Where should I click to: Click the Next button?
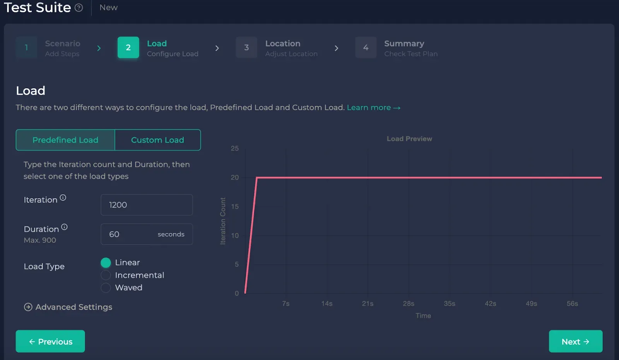[x=575, y=341]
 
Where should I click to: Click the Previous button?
[x=50, y=341]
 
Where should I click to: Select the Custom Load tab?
[x=157, y=140]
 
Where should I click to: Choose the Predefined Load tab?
[x=65, y=140]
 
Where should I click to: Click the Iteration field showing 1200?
[x=147, y=205]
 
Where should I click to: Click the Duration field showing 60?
[x=132, y=234]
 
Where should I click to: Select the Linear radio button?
[x=106, y=263]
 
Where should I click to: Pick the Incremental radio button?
[x=106, y=275]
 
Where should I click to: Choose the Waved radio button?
[x=106, y=288]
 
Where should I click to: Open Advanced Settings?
[x=68, y=307]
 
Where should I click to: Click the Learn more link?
[x=373, y=108]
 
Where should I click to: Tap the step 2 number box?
[x=128, y=48]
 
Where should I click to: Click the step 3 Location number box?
[x=246, y=48]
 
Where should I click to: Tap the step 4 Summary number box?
[x=366, y=48]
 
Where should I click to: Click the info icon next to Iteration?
[x=63, y=198]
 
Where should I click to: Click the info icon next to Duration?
[x=64, y=227]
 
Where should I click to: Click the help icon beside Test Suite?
[x=79, y=8]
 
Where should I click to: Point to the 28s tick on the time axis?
[x=409, y=303]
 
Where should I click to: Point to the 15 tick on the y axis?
[x=235, y=206]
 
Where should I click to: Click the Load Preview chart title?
[x=409, y=139]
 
